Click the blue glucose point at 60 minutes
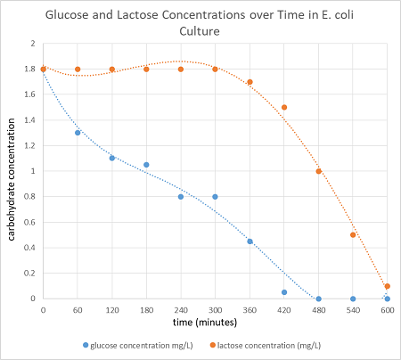[x=78, y=133]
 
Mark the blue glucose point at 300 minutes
[x=215, y=197]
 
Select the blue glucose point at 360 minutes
[x=250, y=241]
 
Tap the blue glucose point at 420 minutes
[x=284, y=292]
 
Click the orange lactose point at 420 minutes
[x=284, y=107]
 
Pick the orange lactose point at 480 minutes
[x=318, y=171]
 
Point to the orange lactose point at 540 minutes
[x=353, y=235]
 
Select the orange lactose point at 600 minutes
[x=387, y=286]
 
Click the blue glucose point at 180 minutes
[x=146, y=165]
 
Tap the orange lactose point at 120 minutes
[x=112, y=70]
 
